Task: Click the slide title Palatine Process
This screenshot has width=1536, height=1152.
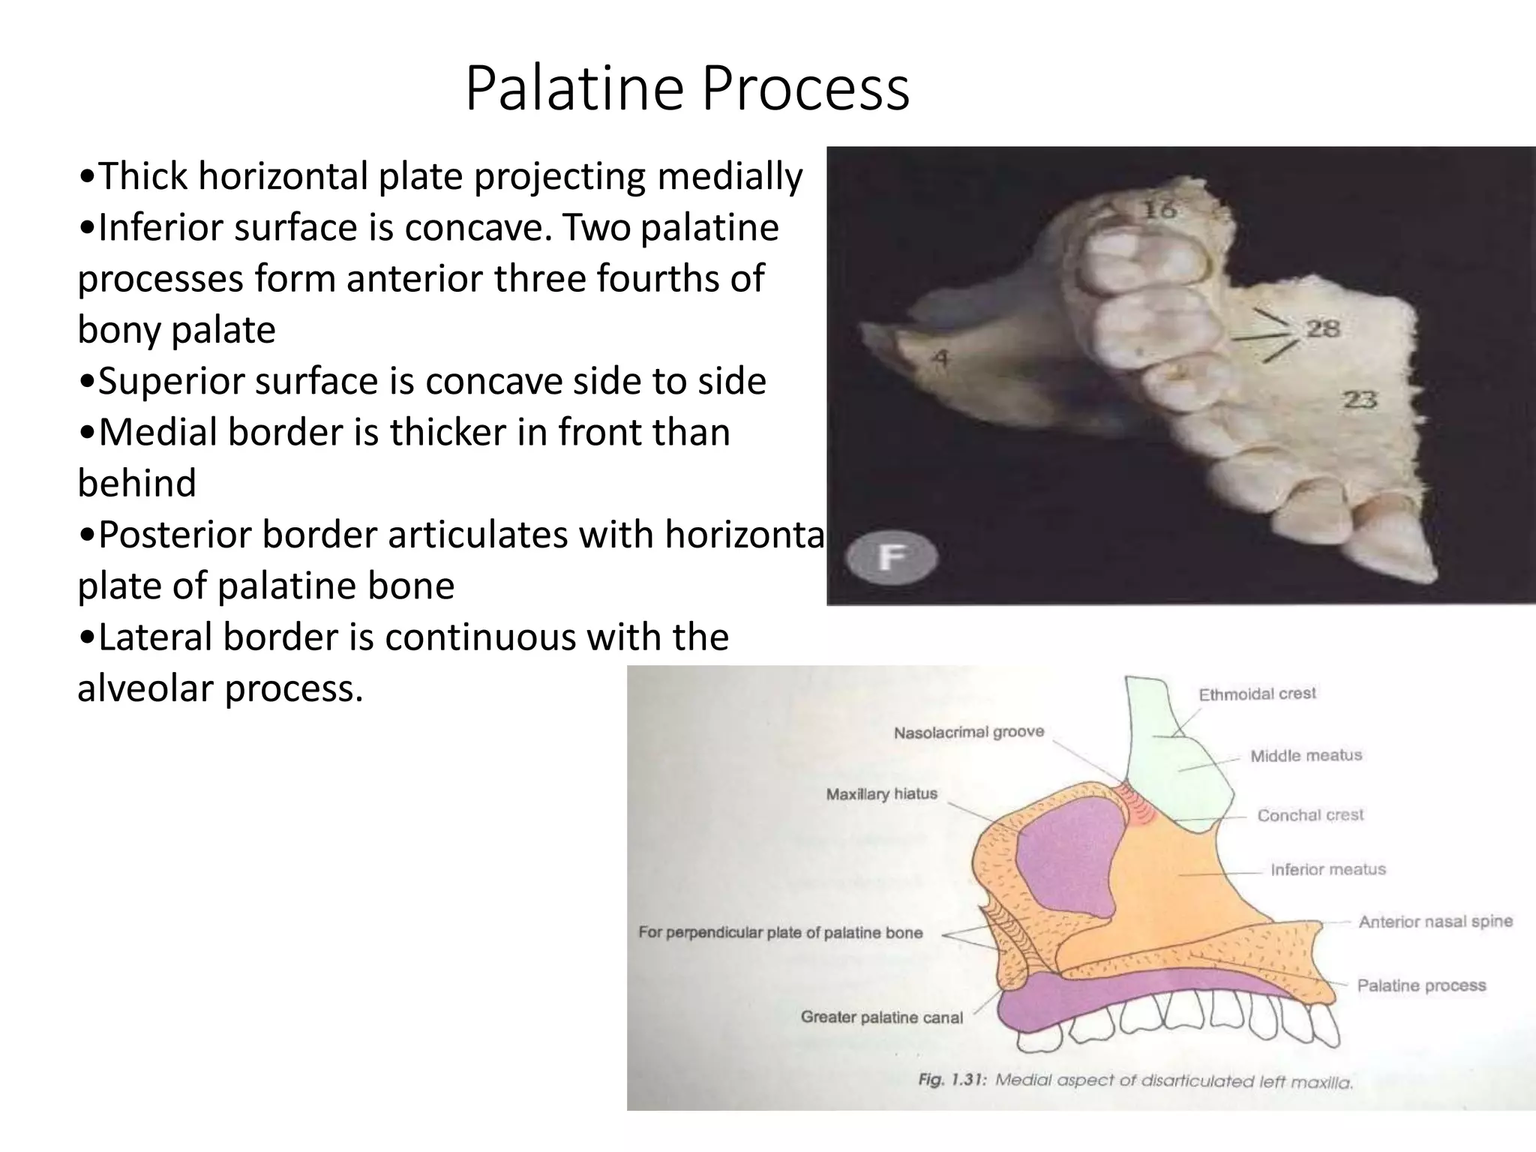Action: [x=687, y=89]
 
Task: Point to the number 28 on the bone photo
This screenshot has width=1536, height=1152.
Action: [x=1323, y=328]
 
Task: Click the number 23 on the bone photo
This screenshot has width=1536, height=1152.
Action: [x=1360, y=399]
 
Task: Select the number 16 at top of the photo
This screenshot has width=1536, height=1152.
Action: [x=1159, y=209]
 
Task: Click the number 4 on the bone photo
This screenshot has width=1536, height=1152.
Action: [x=939, y=358]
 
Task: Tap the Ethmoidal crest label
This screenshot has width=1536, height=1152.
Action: [x=1257, y=694]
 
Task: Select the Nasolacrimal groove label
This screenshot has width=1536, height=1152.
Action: [x=968, y=732]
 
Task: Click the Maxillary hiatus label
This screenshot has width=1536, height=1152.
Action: [x=881, y=793]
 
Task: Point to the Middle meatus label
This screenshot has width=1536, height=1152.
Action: [x=1306, y=756]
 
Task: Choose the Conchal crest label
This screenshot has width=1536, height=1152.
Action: [x=1310, y=815]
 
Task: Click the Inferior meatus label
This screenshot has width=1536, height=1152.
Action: [x=1327, y=869]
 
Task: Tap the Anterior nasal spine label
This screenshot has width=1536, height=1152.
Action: [x=1435, y=921]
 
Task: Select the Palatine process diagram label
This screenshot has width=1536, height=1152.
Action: [x=1421, y=985]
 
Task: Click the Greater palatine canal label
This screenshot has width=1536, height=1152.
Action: [x=881, y=1018]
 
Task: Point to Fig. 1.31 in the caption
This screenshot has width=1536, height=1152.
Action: [x=952, y=1081]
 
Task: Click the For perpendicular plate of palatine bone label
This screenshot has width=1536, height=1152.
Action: [x=780, y=933]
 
